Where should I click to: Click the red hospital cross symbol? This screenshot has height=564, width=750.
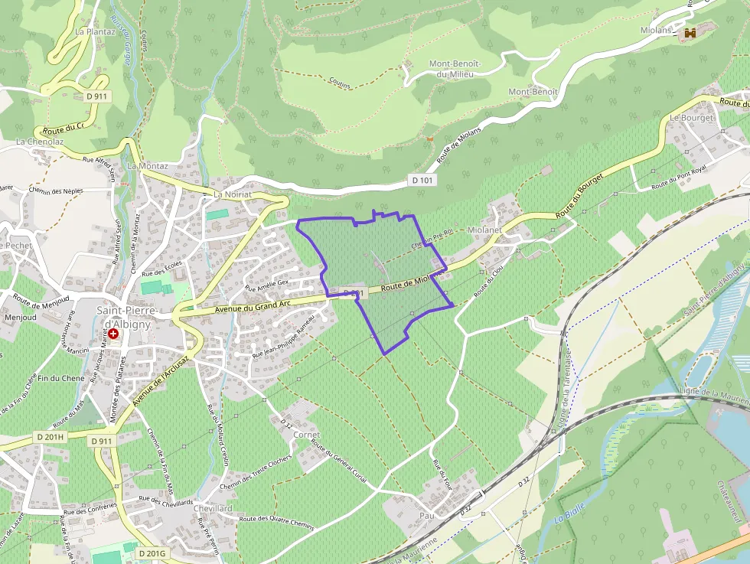point(113,334)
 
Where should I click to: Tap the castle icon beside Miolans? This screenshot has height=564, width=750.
point(691,33)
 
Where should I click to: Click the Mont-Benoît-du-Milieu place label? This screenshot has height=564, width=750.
point(453,68)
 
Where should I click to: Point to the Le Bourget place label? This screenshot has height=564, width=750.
point(691,118)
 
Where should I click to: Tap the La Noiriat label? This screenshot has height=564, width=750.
point(232,194)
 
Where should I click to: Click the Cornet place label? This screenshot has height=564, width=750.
point(307,435)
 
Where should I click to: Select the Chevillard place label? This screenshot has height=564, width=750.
point(213,508)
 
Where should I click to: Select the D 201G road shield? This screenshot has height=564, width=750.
point(152,553)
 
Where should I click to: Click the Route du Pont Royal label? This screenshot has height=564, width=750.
point(679,177)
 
